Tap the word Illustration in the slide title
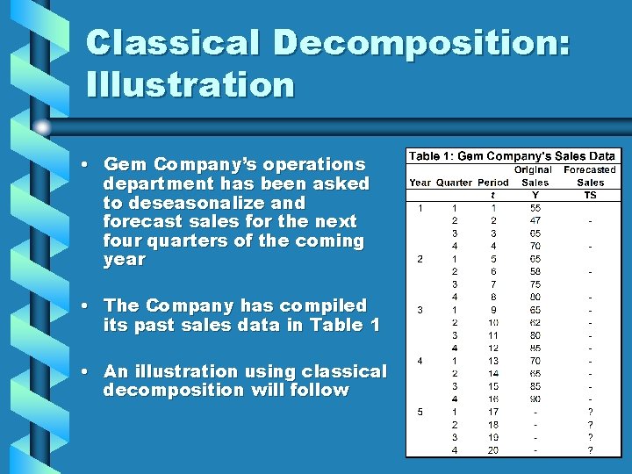[x=190, y=85]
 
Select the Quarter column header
[x=454, y=183]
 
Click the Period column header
[x=493, y=183]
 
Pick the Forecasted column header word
[x=590, y=169]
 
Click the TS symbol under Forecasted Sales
[x=590, y=195]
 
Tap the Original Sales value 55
[x=535, y=208]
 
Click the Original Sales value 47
[x=535, y=221]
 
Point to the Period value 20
[x=493, y=450]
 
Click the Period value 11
[x=493, y=334]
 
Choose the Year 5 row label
[x=420, y=412]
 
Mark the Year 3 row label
[x=420, y=309]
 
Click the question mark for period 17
[x=590, y=412]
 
